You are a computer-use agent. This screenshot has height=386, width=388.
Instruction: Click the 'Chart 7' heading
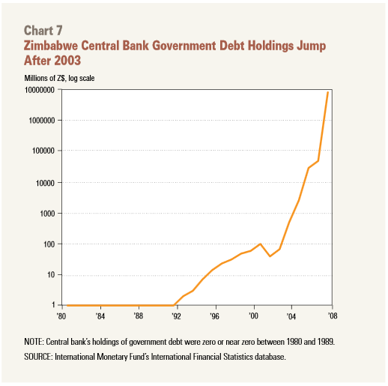tap(43, 31)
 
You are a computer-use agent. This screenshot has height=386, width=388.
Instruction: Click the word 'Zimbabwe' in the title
tap(51, 46)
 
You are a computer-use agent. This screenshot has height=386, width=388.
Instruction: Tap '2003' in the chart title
tap(67, 61)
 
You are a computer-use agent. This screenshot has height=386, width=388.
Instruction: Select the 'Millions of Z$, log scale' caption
tap(59, 78)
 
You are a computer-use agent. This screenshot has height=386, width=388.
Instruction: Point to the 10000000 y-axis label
tap(40, 90)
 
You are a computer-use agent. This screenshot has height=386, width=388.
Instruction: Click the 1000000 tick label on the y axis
tap(41, 121)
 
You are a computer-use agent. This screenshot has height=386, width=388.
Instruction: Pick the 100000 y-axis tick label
tap(43, 151)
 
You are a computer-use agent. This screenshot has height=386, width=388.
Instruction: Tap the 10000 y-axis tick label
tap(45, 183)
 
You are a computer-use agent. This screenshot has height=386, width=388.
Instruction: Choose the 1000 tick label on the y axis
tap(47, 214)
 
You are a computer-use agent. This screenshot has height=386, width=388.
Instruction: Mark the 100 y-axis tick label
tap(49, 244)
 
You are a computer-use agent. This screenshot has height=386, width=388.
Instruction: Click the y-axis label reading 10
tap(51, 275)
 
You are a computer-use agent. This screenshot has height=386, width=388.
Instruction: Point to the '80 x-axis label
tap(61, 316)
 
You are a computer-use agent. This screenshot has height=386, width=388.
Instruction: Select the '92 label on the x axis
tap(176, 316)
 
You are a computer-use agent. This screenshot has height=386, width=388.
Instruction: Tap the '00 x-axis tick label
tap(253, 316)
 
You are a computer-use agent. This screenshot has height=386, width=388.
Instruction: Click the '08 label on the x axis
tap(333, 316)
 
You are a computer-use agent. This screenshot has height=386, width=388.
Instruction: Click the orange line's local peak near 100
tap(261, 244)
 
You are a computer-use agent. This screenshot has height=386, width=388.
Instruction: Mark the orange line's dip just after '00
tap(270, 256)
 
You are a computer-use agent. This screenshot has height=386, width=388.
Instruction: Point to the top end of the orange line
tap(328, 92)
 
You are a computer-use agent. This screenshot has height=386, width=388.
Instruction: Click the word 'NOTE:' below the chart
tap(34, 342)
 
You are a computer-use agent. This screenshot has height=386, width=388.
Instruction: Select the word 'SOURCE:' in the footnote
tap(38, 357)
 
